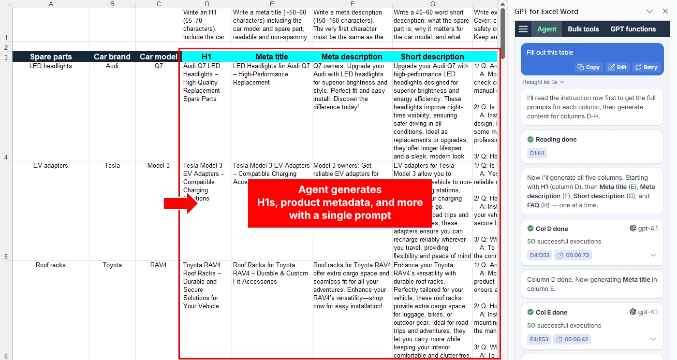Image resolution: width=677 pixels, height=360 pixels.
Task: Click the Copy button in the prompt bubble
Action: pyautogui.click(x=588, y=67)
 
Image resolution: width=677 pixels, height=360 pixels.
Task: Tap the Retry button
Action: pyautogui.click(x=646, y=67)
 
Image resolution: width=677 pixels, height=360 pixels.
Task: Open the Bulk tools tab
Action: pyautogui.click(x=583, y=29)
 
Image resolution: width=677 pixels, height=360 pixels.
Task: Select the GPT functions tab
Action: pyautogui.click(x=633, y=29)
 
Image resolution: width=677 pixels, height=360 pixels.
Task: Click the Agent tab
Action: pyautogui.click(x=547, y=29)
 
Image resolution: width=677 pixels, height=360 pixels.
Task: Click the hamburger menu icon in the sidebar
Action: pyautogui.click(x=523, y=29)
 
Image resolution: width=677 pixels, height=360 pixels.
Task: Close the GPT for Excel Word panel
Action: pyautogui.click(x=665, y=12)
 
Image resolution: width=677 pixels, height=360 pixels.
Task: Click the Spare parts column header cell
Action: pyautogui.click(x=51, y=57)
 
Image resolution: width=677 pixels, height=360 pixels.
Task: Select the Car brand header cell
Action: pyautogui.click(x=112, y=57)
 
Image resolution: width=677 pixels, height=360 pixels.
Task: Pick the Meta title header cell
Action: pyautogui.click(x=272, y=57)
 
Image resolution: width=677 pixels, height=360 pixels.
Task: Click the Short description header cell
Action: pyautogui.click(x=432, y=57)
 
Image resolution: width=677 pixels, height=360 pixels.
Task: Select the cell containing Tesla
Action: pyautogui.click(x=112, y=166)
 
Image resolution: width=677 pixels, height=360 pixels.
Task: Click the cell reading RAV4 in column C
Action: pyautogui.click(x=159, y=265)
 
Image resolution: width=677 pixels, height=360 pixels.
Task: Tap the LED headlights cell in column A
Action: pyautogui.click(x=51, y=66)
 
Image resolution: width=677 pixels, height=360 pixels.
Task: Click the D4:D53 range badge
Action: pyautogui.click(x=539, y=255)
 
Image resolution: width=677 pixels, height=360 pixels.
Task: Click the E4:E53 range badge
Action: pyautogui.click(x=539, y=339)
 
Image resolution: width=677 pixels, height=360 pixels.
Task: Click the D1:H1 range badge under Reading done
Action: pyautogui.click(x=537, y=153)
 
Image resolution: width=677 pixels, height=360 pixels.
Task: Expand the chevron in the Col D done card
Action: pyautogui.click(x=653, y=255)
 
